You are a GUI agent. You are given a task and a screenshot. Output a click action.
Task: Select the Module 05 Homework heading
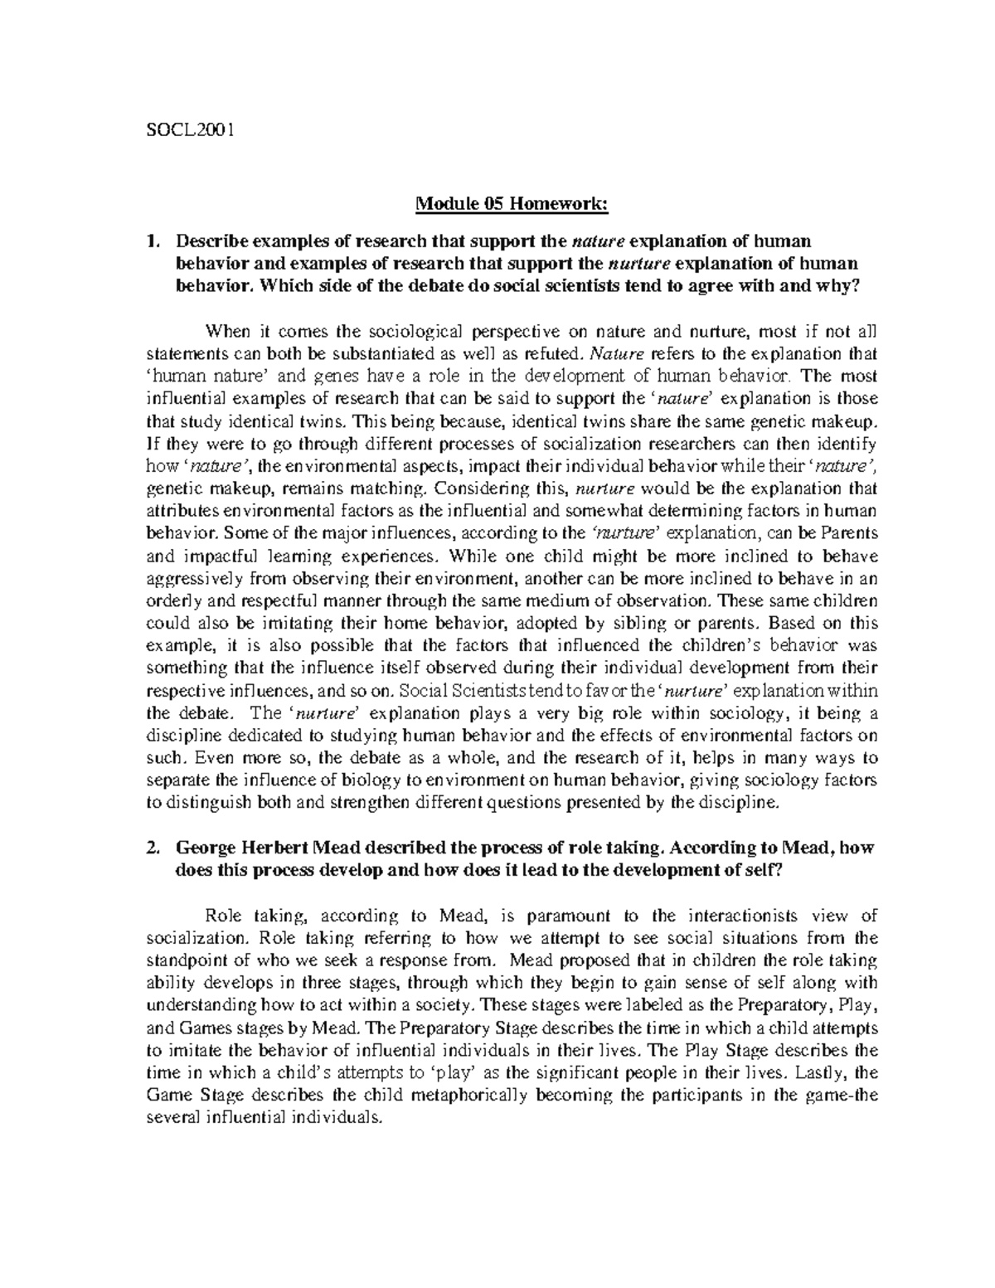[x=498, y=218]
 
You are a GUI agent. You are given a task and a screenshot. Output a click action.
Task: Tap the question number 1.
[x=150, y=241]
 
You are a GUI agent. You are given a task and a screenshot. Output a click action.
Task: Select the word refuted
[x=536, y=357]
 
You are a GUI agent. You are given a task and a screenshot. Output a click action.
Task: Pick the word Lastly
[x=816, y=1072]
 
